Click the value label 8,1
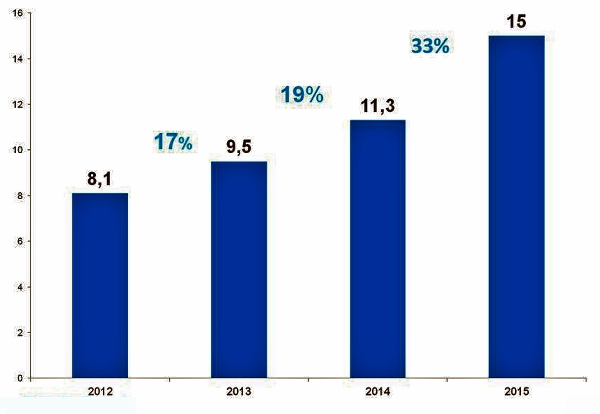[x=100, y=179]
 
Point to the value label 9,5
[x=239, y=146]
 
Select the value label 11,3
[x=378, y=106]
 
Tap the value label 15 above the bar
[x=516, y=21]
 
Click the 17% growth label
[x=173, y=142]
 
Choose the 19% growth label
[x=302, y=95]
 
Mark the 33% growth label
[x=430, y=46]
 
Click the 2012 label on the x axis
[x=100, y=391]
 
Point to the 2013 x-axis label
[x=239, y=391]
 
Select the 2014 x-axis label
[x=378, y=391]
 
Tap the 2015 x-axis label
[x=516, y=391]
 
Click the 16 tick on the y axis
[x=17, y=13]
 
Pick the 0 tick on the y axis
[x=20, y=378]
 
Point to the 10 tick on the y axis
[x=17, y=150]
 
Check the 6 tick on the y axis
[x=20, y=241]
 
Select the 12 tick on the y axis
[x=17, y=105]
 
